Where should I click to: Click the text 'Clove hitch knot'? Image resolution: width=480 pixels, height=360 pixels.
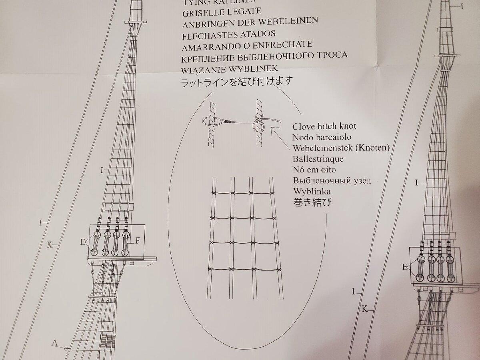(324, 126)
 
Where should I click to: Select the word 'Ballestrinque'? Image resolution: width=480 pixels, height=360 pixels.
(318, 159)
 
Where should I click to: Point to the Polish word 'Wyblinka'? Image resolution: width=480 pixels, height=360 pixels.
(310, 191)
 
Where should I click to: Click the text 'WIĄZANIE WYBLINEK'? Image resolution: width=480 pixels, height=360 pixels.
(230, 69)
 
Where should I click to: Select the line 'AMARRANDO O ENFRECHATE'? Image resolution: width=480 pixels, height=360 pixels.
(246, 46)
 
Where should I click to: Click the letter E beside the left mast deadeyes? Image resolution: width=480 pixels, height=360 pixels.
(82, 241)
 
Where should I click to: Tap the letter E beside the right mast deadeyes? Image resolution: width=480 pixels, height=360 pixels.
(405, 267)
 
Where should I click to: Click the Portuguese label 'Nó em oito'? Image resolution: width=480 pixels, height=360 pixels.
(314, 170)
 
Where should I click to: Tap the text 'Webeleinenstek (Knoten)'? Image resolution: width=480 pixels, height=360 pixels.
(341, 148)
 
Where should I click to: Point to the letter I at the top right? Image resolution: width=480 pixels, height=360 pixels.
(462, 6)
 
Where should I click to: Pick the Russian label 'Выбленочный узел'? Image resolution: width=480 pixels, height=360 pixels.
(332, 180)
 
